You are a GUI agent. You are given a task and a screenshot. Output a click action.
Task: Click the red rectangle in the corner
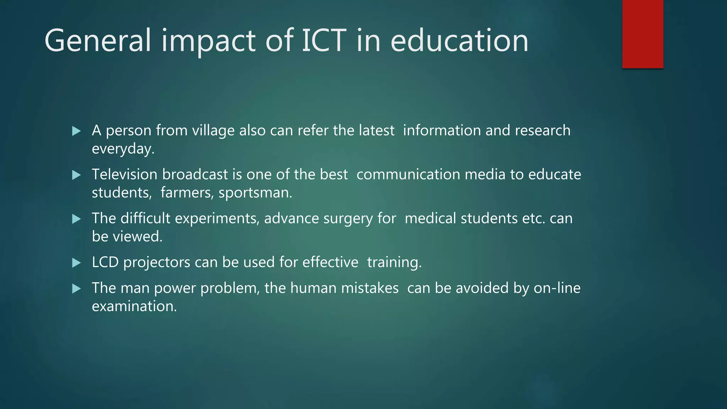(643, 34)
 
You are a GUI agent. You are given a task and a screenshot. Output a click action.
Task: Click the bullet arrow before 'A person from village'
(76, 131)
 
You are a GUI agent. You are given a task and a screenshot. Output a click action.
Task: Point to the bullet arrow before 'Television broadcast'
(76, 175)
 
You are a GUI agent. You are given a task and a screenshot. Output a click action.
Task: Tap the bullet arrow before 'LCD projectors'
(76, 263)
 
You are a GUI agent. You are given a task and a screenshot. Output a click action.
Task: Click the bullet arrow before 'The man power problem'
(76, 289)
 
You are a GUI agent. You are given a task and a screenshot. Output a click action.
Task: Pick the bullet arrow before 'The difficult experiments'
(76, 219)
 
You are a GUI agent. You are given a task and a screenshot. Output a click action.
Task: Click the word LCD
(105, 262)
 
